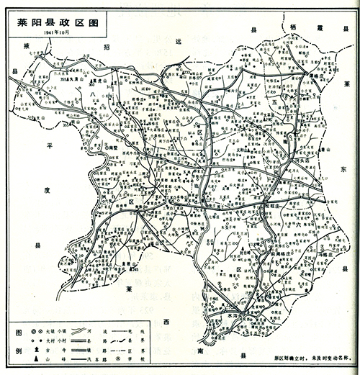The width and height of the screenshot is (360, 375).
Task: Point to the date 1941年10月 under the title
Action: (57, 33)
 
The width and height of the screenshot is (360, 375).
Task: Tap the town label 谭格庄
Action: (316, 74)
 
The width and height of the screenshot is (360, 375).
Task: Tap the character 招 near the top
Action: (107, 46)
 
